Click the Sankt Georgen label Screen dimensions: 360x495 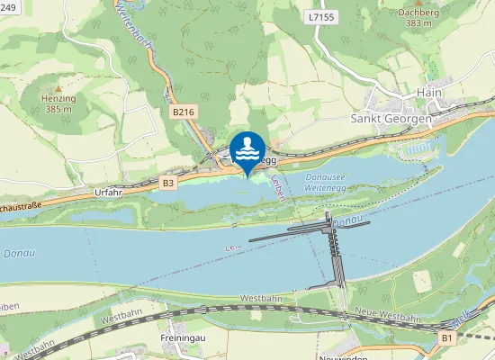coord(391,118)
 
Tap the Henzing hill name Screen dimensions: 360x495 coord(58,99)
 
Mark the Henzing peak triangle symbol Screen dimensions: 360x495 coord(58,89)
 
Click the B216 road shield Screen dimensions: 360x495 coord(183,112)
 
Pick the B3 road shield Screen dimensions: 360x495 coord(168,183)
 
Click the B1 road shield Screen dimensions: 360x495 coord(447,337)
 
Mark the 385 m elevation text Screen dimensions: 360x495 coord(58,109)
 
